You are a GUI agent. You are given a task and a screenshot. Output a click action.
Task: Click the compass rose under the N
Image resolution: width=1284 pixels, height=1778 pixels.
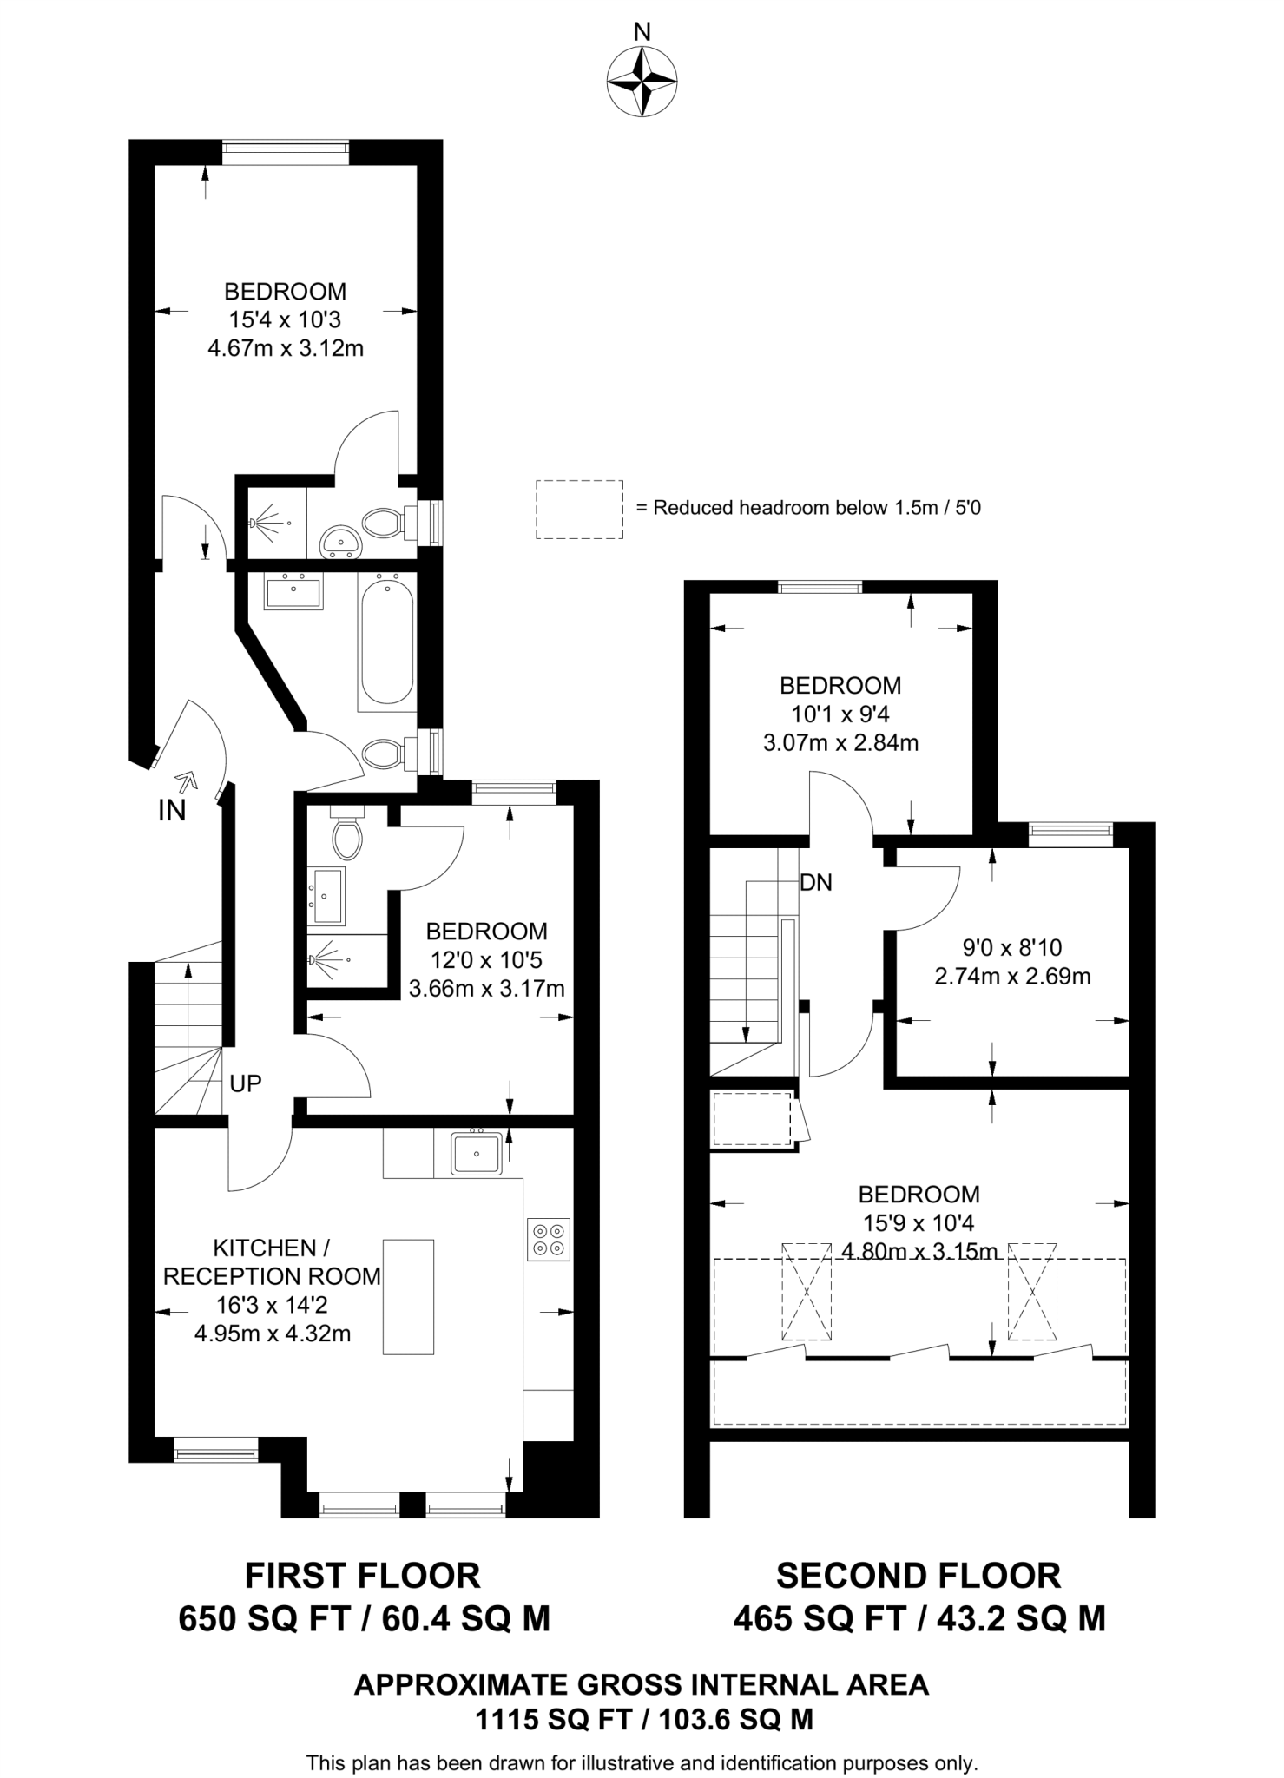(x=642, y=82)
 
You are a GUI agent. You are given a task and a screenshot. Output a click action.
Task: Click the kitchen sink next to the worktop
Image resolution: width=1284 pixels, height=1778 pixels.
(x=476, y=1154)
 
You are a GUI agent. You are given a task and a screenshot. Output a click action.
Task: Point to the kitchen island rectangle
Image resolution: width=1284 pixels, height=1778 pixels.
(x=408, y=1297)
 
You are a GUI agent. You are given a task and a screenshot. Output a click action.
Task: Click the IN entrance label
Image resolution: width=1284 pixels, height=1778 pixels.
(x=172, y=811)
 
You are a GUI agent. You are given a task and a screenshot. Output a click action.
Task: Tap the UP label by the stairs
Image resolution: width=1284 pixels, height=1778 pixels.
(x=246, y=1083)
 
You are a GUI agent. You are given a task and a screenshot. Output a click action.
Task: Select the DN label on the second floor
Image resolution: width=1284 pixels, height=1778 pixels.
(x=816, y=883)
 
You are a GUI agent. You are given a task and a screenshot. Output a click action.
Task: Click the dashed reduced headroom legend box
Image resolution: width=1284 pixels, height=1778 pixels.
(x=579, y=510)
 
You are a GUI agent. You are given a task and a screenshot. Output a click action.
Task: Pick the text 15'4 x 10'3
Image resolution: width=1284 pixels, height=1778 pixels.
(x=285, y=320)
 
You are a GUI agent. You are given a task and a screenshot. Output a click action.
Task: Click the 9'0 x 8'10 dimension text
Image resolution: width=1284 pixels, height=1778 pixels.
(x=1012, y=947)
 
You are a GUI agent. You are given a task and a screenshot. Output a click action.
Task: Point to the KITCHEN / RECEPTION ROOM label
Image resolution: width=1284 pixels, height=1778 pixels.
(x=272, y=1262)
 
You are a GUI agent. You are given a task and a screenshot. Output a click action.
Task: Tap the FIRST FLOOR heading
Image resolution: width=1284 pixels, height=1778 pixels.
(x=362, y=1575)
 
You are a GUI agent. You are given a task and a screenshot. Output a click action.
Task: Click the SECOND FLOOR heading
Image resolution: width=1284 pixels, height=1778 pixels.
(x=919, y=1575)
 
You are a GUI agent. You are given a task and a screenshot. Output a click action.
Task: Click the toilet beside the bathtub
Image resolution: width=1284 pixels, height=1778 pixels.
(x=383, y=754)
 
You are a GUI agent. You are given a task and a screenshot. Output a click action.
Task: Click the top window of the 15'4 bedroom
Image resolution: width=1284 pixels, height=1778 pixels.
(x=286, y=152)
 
